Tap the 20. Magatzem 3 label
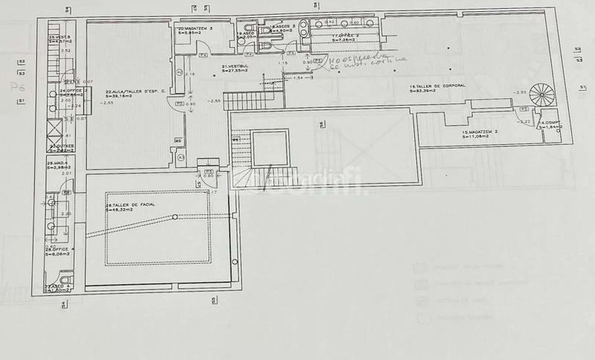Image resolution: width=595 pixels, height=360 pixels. tap(196, 30)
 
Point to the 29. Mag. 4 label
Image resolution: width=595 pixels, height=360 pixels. tap(58, 164)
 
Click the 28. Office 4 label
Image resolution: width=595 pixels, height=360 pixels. tap(57, 251)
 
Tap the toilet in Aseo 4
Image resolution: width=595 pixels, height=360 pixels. tap(53, 280)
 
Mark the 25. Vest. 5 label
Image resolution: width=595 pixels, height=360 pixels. tap(58, 39)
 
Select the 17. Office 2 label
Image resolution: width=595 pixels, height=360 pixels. tap(345, 36)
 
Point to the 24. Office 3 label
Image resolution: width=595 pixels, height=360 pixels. tap(58, 93)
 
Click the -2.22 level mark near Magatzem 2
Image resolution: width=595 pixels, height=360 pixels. tap(524, 121)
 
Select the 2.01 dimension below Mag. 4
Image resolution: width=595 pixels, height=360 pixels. tap(67, 173)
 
